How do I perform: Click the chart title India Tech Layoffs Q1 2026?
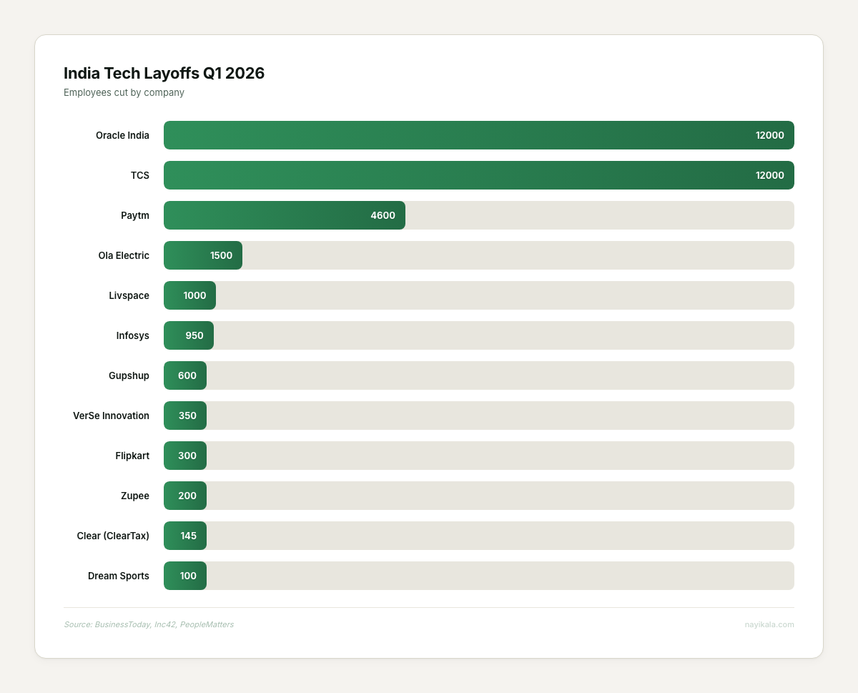(164, 73)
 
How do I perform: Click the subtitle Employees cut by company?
(124, 92)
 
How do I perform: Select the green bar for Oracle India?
(458, 135)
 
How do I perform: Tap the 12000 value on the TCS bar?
(769, 175)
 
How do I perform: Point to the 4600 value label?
(383, 215)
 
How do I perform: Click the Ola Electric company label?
(124, 255)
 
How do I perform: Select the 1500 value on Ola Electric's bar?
(221, 255)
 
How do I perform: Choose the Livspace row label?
(129, 295)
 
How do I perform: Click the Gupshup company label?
(129, 375)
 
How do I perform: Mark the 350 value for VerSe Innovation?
(187, 416)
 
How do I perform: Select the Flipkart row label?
(132, 456)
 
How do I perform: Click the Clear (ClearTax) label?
(113, 536)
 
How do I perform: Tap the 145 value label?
(188, 536)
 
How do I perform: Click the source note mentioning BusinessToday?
(149, 624)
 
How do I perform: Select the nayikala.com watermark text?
(769, 624)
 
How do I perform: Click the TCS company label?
(140, 175)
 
